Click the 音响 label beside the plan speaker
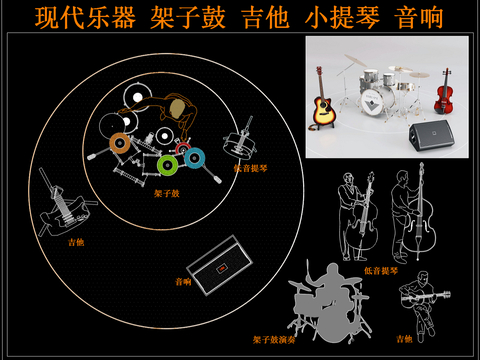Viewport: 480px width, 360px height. point(183,281)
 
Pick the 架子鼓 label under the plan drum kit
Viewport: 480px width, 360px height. point(166,193)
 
